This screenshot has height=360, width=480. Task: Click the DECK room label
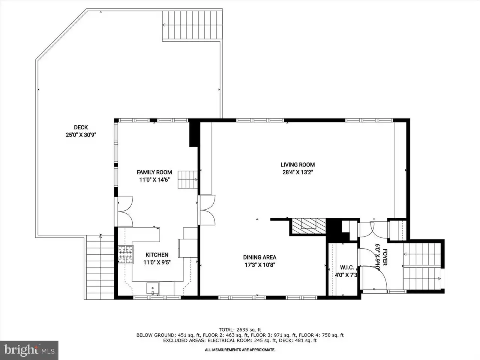click(81, 127)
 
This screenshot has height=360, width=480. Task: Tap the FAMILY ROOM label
click(154, 172)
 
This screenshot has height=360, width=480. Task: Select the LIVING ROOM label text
click(298, 165)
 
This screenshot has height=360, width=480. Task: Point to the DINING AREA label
click(259, 257)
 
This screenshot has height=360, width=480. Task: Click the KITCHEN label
click(157, 255)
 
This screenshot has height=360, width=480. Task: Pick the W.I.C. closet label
click(347, 267)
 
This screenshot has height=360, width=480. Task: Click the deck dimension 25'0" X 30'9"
click(81, 135)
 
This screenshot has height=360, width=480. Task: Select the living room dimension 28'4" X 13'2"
click(298, 172)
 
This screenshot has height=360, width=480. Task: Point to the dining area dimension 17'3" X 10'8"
click(259, 265)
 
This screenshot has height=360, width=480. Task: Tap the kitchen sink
click(153, 288)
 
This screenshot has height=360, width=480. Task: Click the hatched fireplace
click(309, 226)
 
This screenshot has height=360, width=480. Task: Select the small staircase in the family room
click(187, 180)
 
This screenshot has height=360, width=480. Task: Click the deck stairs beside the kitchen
click(100, 267)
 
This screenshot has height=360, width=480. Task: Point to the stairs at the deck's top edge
click(192, 25)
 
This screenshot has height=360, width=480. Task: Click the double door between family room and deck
click(125, 211)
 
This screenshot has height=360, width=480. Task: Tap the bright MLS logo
click(29, 350)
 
